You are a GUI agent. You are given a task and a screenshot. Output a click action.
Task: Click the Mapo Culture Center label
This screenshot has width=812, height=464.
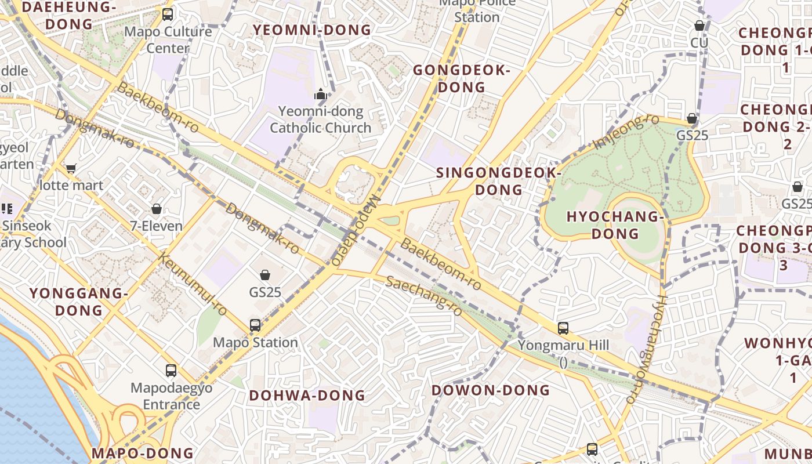[x=168, y=39]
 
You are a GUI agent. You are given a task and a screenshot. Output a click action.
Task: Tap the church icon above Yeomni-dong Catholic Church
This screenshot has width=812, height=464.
[x=321, y=94]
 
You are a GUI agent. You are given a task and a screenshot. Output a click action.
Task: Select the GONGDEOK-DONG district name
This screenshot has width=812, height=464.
[x=462, y=79]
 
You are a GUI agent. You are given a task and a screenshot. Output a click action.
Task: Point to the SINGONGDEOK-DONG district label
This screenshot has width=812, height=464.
[x=498, y=181]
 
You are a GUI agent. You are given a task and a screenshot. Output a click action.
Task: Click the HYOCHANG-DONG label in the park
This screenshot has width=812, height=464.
[x=615, y=225]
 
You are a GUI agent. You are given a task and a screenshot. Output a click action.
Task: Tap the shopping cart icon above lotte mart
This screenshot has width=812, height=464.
[x=71, y=169]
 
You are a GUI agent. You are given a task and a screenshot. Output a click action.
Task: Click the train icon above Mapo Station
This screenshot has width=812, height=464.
[x=255, y=325]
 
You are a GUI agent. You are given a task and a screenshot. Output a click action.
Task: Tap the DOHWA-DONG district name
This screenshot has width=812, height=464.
[x=307, y=396]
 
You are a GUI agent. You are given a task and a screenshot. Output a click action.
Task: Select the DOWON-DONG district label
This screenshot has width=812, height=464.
[x=490, y=390]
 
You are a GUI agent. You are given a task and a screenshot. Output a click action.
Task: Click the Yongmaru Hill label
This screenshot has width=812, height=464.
[x=563, y=346]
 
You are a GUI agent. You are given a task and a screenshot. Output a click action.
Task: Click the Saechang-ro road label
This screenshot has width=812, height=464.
[x=424, y=296]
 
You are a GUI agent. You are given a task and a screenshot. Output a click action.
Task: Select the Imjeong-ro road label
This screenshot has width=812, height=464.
[x=627, y=131]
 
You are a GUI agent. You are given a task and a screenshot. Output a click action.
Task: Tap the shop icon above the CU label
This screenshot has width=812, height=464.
[x=699, y=26]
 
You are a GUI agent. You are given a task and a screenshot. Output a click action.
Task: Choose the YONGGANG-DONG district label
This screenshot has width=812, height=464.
[x=79, y=302]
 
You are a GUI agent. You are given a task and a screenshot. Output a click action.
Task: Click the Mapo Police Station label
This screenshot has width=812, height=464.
[x=477, y=10]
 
